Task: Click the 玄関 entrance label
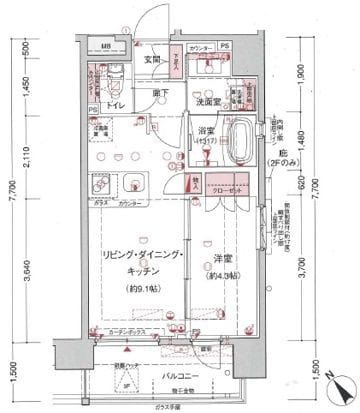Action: [153, 59]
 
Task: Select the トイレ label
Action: [115, 105]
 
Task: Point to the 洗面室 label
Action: [207, 101]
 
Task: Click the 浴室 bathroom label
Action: [205, 133]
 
